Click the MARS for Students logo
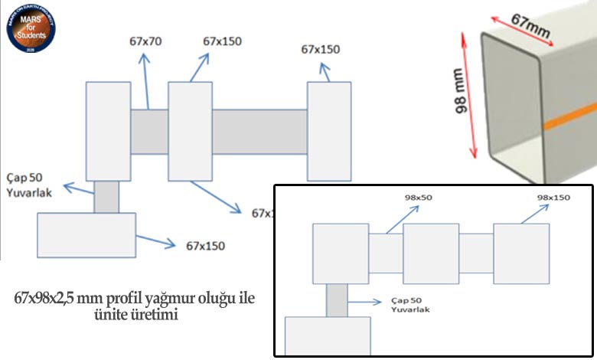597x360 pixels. pyautogui.click(x=28, y=27)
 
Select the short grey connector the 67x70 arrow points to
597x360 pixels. pyautogui.click(x=148, y=131)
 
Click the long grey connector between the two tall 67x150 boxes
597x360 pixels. pyautogui.click(x=259, y=131)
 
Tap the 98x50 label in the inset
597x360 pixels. pyautogui.click(x=419, y=198)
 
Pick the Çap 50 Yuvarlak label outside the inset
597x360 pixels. pyautogui.click(x=28, y=187)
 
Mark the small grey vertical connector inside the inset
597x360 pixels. pyautogui.click(x=337, y=299)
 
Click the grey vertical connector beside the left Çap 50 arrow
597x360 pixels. pyautogui.click(x=106, y=197)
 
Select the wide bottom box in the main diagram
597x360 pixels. pyautogui.click(x=86, y=234)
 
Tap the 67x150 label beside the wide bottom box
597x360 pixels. pyautogui.click(x=204, y=247)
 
